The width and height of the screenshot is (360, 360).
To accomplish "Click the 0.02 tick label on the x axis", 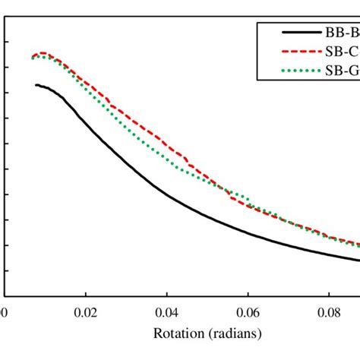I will (x=86, y=311).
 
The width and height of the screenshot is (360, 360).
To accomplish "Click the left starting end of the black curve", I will (x=36, y=85).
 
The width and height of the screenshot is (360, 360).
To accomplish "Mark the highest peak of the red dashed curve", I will (x=43, y=52).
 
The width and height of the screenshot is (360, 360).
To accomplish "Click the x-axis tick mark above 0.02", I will (x=86, y=293).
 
